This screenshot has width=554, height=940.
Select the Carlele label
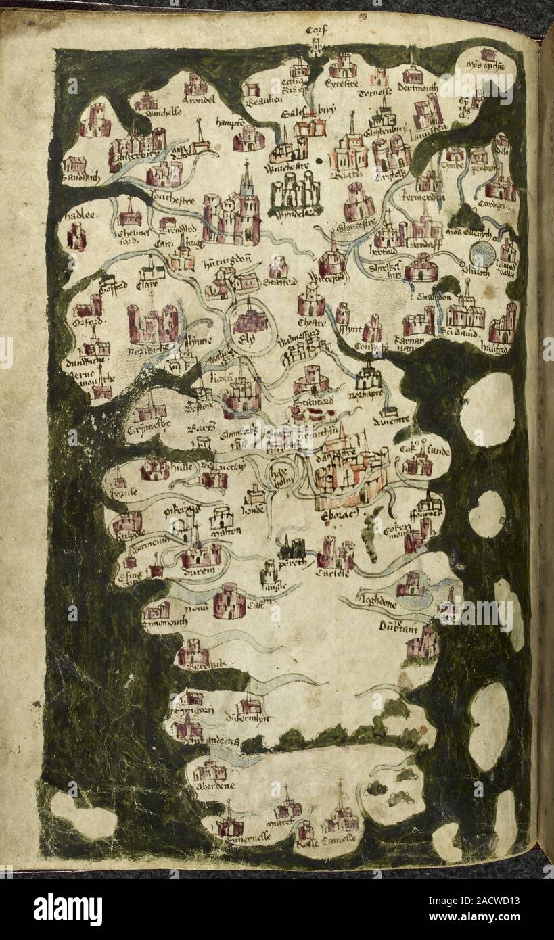pos(332,573)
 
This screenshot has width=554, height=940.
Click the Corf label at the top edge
pos(316,30)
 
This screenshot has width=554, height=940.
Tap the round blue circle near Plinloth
pos(482,255)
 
